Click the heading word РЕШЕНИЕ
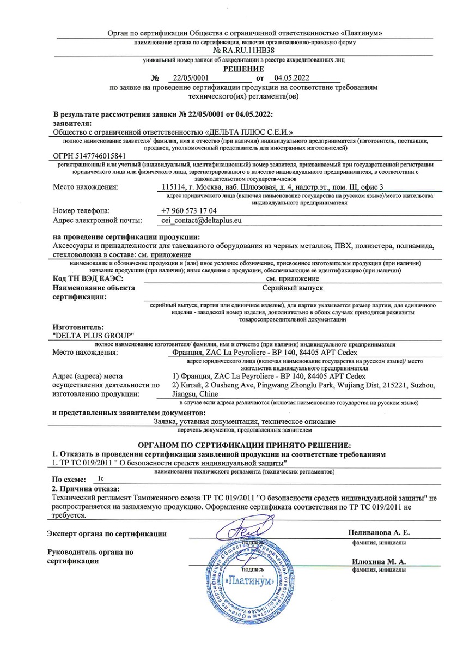coord(243,69)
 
